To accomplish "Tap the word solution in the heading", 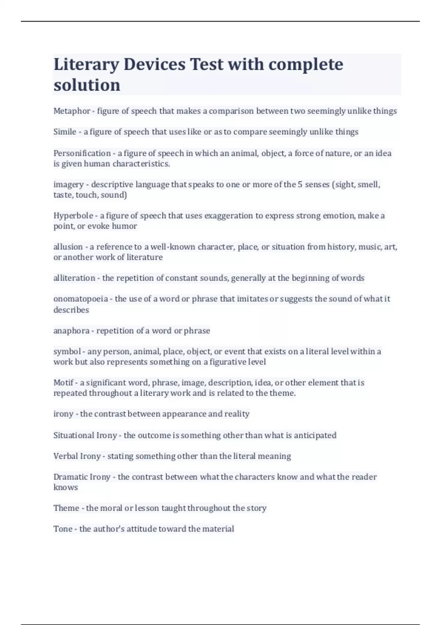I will click(x=87, y=85).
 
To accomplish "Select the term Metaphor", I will click(x=72, y=111).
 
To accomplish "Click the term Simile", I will click(x=65, y=132).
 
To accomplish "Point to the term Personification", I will click(x=82, y=153).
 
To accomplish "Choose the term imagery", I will click(x=68, y=185).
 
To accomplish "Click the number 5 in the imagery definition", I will click(x=300, y=185).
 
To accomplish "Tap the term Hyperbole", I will click(x=73, y=216).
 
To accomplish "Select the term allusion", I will click(x=68, y=247).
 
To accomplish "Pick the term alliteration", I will click(x=74, y=278).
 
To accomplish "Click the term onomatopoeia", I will click(x=80, y=299).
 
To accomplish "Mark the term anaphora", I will click(x=71, y=331).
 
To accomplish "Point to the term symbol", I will click(x=67, y=352).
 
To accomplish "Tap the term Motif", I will click(x=64, y=383).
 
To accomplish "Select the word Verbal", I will click(x=65, y=456).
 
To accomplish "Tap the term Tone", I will click(x=63, y=529).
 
